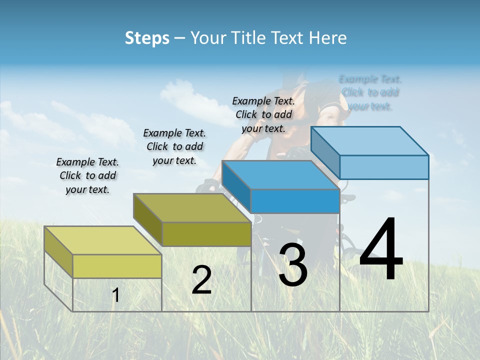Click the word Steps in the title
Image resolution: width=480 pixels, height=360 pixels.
[147, 38]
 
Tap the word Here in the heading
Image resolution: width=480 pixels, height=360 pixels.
[328, 38]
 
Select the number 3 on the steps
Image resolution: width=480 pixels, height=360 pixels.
[292, 265]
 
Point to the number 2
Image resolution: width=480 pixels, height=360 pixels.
[201, 280]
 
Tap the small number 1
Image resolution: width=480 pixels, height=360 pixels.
[115, 295]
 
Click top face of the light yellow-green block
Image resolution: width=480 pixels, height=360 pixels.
[102, 240]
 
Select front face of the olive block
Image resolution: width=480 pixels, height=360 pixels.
[206, 234]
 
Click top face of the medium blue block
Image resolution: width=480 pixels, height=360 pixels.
[280, 175]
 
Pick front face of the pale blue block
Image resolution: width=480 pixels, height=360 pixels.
[384, 167]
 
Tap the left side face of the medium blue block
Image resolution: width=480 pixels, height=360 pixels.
[235, 186]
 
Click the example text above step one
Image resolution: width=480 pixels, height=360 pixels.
[87, 175]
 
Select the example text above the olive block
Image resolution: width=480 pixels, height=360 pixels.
[174, 146]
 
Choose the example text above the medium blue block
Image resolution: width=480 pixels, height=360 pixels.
[263, 114]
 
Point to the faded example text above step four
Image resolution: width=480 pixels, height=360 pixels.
[370, 92]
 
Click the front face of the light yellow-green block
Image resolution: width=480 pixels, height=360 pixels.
[117, 266]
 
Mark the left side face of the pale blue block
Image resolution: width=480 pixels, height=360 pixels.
[325, 152]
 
